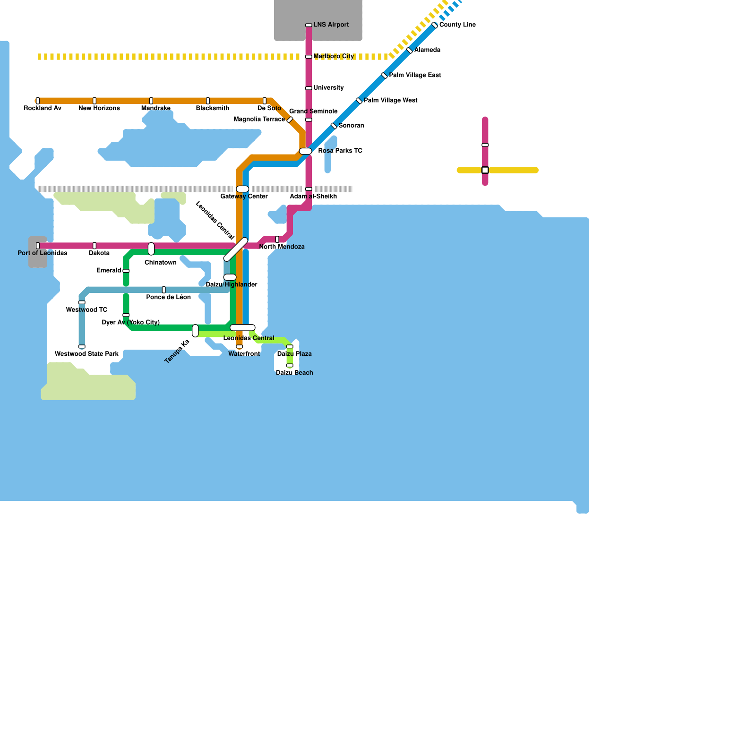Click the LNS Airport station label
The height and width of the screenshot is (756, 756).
tap(331, 25)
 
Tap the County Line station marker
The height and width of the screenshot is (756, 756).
tap(435, 25)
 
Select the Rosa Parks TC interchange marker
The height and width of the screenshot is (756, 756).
tap(306, 151)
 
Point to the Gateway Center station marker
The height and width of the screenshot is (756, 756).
tap(242, 189)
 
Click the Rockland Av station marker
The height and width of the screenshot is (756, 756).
tap(38, 101)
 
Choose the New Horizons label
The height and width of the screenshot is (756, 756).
tap(99, 108)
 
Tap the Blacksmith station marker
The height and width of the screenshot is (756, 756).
tap(208, 101)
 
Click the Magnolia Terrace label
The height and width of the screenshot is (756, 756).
tap(259, 120)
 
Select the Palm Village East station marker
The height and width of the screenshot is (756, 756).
tap(385, 76)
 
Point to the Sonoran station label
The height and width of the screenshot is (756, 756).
tap(351, 126)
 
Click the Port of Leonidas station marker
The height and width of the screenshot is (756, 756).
tap(38, 246)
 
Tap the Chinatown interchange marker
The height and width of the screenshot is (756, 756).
tap(151, 249)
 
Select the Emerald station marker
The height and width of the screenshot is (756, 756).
tap(126, 271)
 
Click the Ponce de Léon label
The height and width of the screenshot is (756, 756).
tap(168, 297)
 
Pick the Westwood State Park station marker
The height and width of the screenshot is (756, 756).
tap(82, 346)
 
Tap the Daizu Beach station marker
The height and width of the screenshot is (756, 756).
tap(290, 365)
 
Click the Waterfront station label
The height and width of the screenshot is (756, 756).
tap(244, 354)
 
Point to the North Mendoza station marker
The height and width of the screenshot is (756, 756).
tap(277, 240)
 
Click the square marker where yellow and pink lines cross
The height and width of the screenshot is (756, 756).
tap(485, 170)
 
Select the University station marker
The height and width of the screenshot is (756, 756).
tap(309, 88)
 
